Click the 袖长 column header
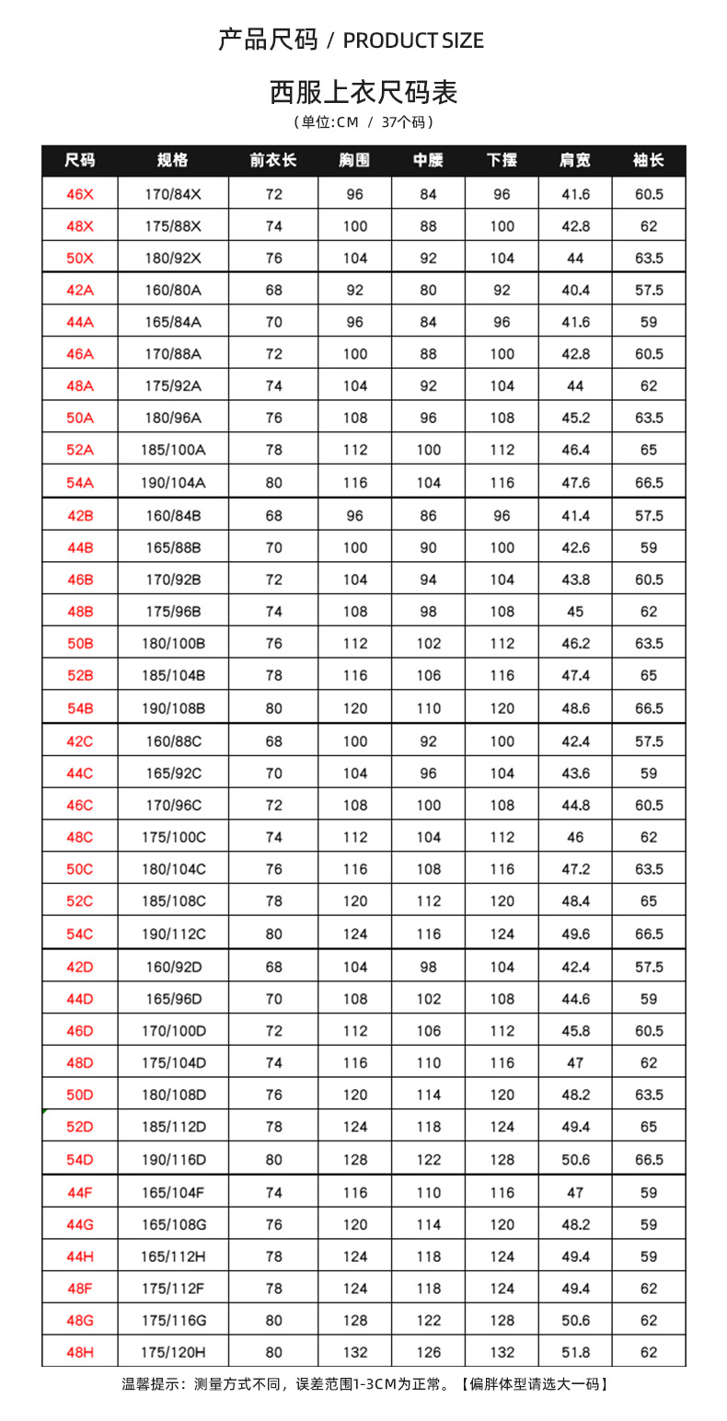(649, 160)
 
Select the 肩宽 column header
(575, 160)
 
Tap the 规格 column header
(172, 160)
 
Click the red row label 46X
(80, 194)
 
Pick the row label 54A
(80, 482)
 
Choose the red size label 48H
(80, 1352)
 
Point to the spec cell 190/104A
(173, 482)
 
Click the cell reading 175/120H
(173, 1352)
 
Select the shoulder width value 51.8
(575, 1352)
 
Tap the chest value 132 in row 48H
(355, 1352)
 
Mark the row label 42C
(80, 740)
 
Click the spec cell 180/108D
(173, 1094)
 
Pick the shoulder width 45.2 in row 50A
(575, 418)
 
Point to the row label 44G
(80, 1224)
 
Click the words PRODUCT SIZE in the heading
(413, 40)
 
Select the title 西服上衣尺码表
(363, 92)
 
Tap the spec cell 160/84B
(173, 515)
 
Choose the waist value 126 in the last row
(429, 1352)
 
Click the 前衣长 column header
(273, 160)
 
